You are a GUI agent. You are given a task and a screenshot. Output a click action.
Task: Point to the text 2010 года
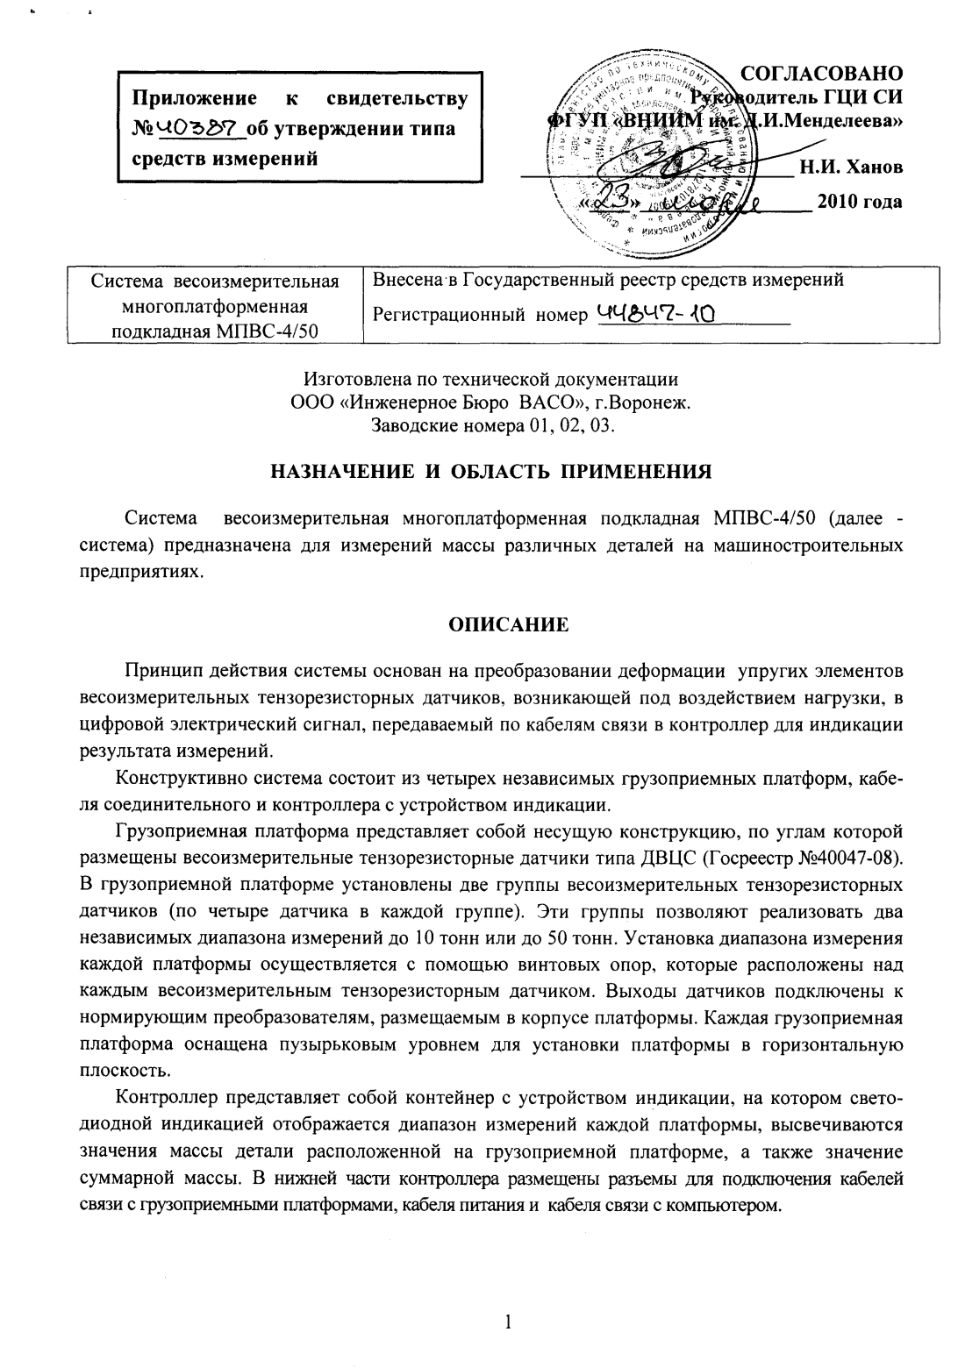[x=860, y=202]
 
